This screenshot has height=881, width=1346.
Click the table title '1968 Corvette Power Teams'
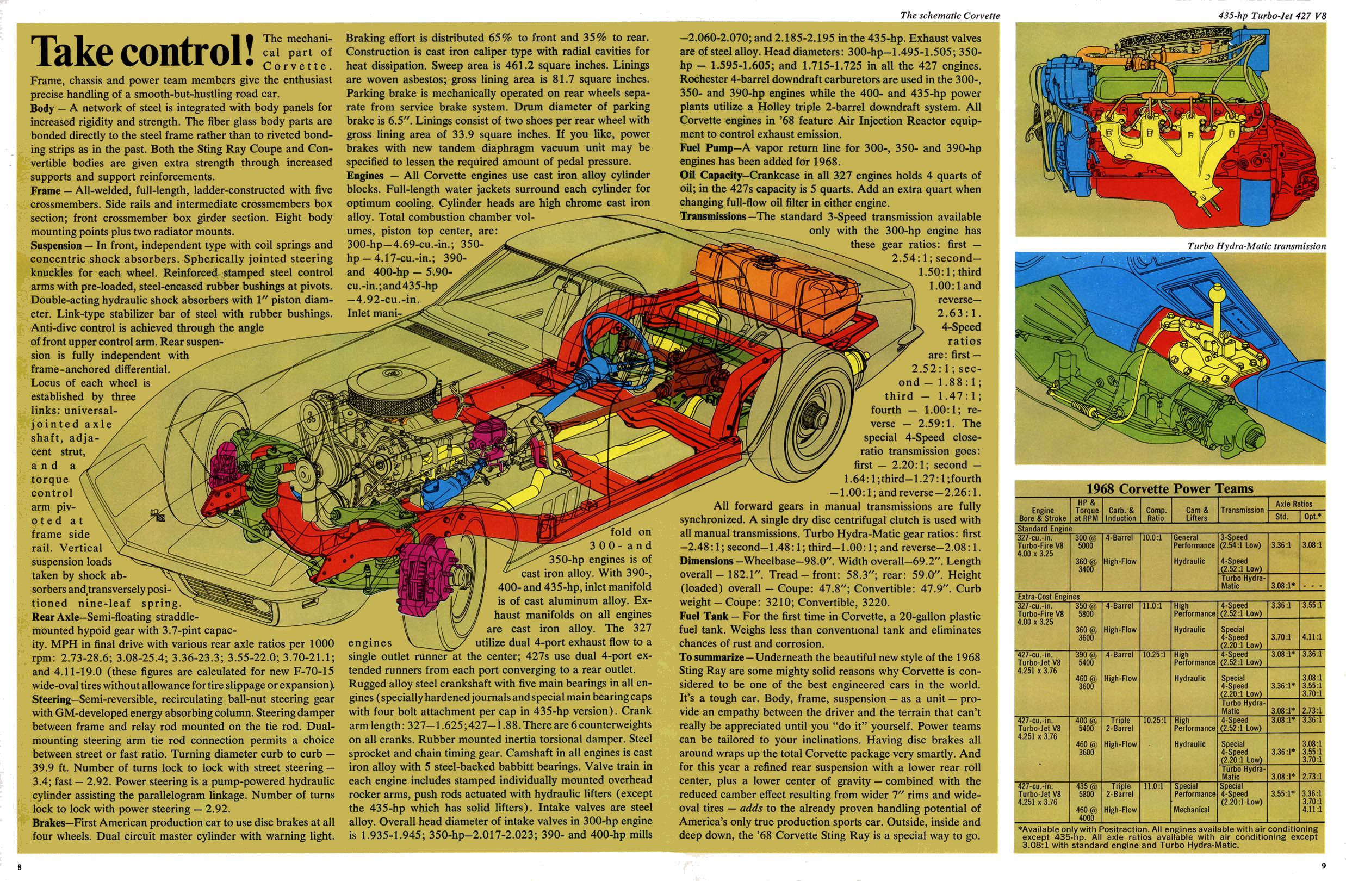[x=1170, y=488]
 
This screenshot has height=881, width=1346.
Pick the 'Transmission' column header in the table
[x=1242, y=510]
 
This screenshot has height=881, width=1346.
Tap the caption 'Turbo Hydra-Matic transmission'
[x=1256, y=246]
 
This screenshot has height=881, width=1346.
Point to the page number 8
[x=19, y=867]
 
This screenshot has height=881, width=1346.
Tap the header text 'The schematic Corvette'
[x=950, y=16]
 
